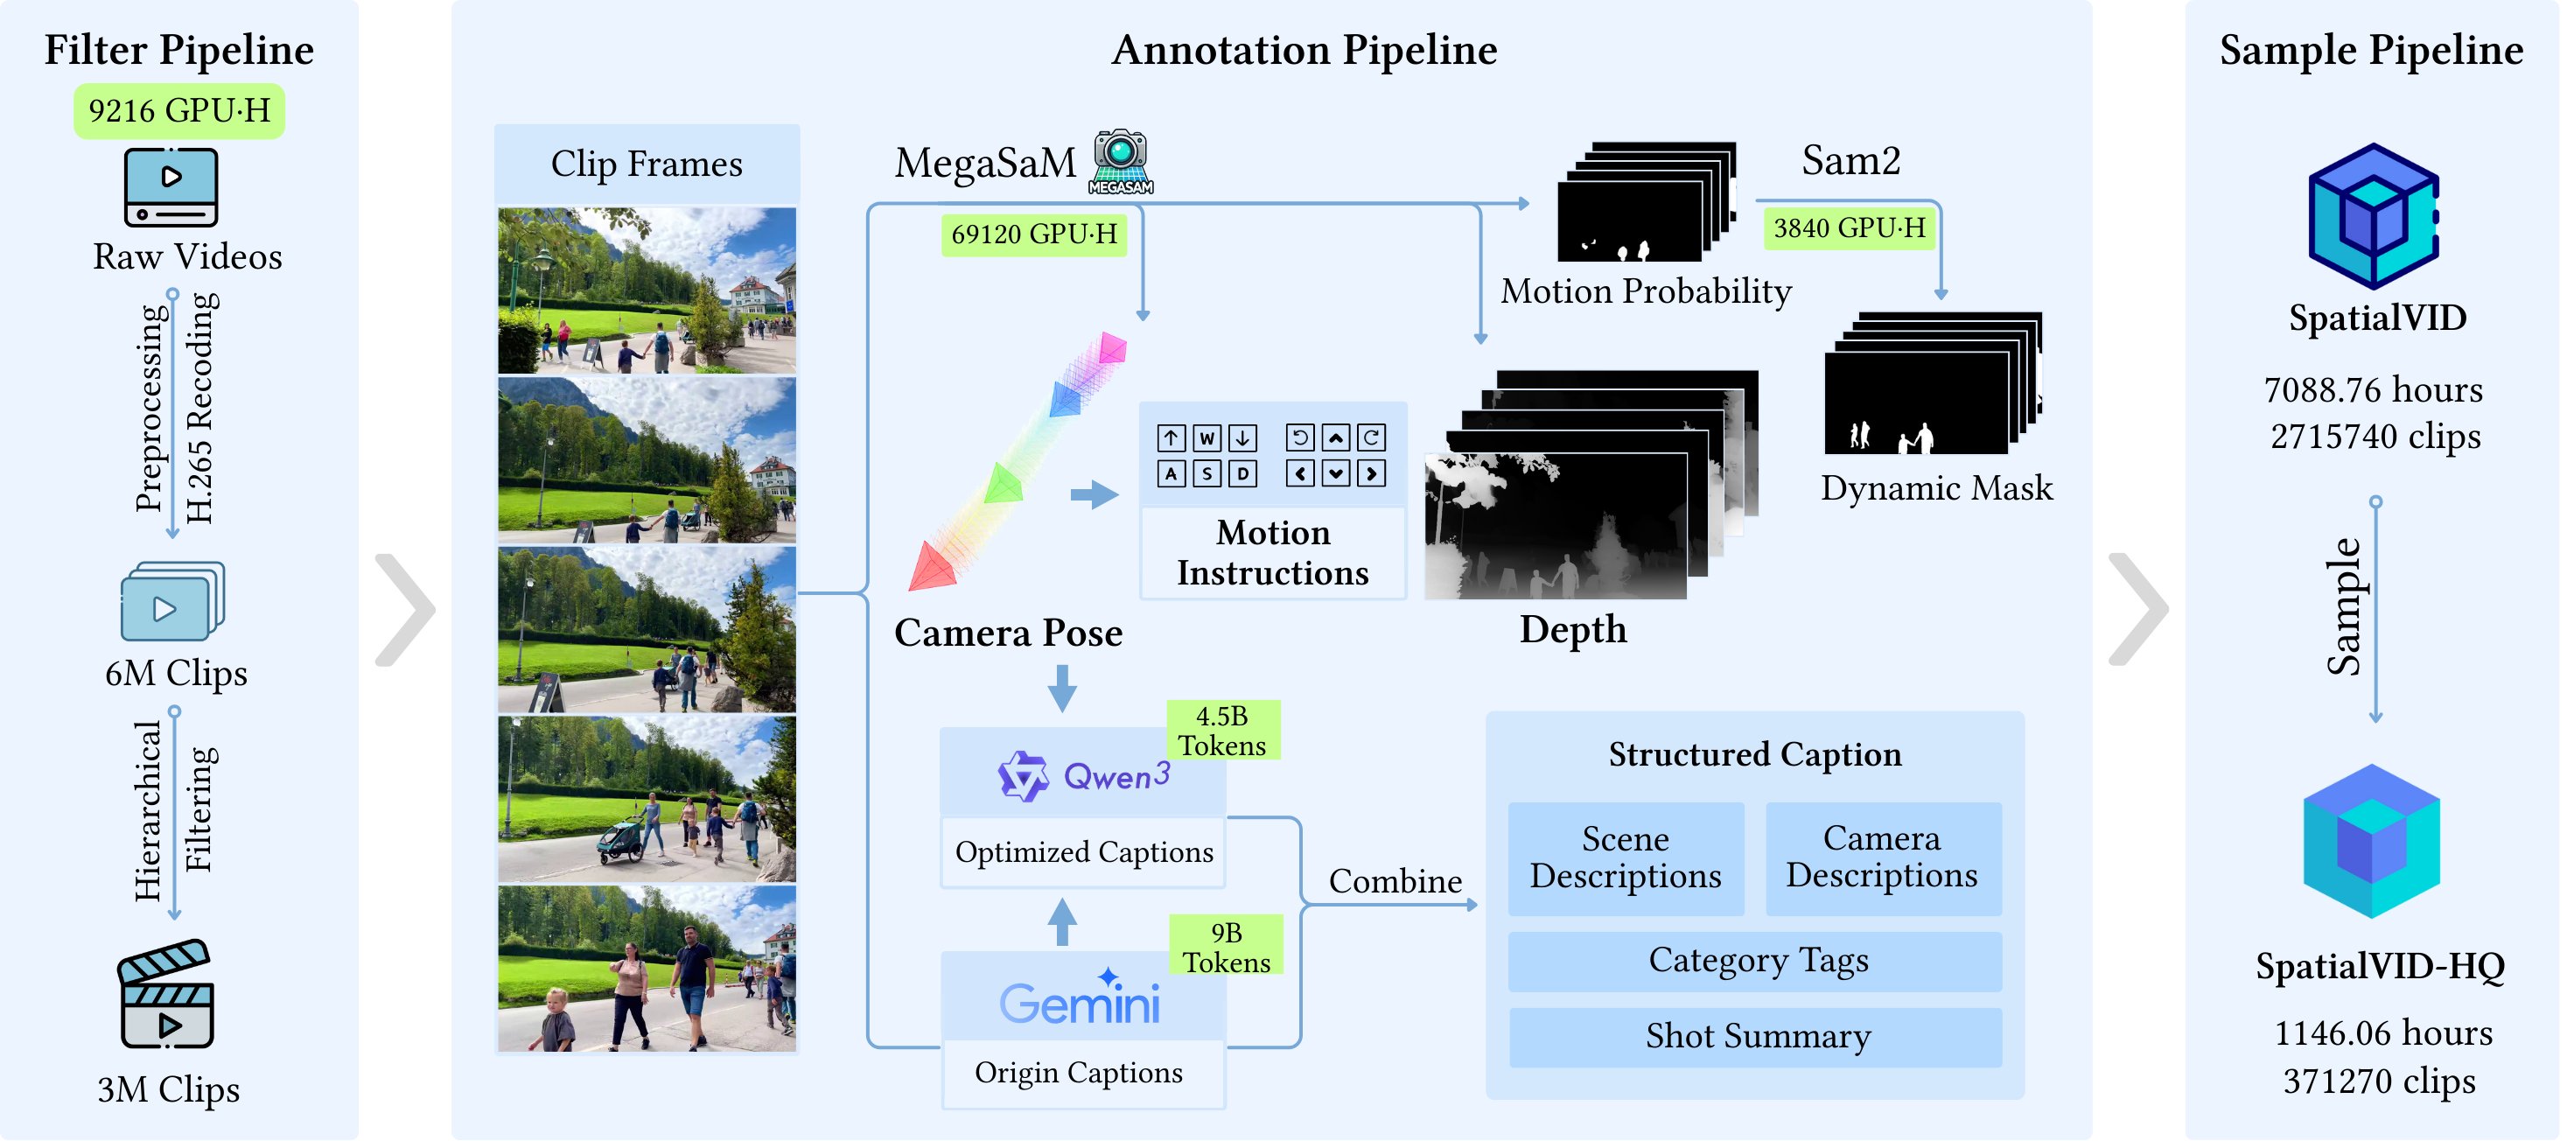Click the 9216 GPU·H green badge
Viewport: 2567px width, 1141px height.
tap(179, 110)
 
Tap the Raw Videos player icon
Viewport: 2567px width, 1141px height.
tap(171, 187)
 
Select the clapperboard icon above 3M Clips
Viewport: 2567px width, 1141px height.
tap(166, 993)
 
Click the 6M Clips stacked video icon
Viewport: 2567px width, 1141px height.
tap(171, 601)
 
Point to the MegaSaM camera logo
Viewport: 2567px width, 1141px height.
tap(1121, 160)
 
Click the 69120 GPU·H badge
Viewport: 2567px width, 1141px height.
tap(1033, 234)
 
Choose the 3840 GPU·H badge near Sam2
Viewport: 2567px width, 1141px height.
tap(1849, 228)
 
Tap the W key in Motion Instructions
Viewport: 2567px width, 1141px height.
tap(1207, 437)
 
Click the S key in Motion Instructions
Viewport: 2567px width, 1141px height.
tap(1207, 473)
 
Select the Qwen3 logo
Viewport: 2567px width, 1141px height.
tap(1083, 775)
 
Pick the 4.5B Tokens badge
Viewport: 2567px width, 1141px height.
tap(1223, 731)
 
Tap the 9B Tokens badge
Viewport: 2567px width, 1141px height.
tap(1227, 947)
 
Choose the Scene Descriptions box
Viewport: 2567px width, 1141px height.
tap(1626, 858)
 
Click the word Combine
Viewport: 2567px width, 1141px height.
tap(1395, 881)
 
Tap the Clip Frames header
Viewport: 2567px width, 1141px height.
tap(647, 164)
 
